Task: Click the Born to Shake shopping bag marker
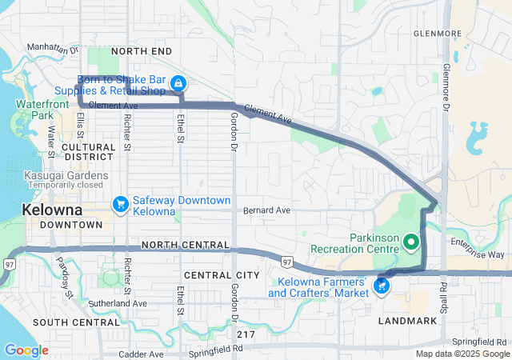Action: click(x=180, y=82)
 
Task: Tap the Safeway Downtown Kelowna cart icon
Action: click(x=121, y=205)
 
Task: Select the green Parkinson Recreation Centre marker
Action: click(x=411, y=241)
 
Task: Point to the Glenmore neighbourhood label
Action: click(x=438, y=34)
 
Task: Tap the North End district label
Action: click(x=142, y=51)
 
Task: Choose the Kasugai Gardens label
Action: click(x=55, y=175)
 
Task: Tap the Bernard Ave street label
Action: click(x=267, y=210)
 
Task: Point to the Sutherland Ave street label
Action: click(x=118, y=304)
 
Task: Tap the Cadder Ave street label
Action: click(x=140, y=354)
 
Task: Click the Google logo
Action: click(x=26, y=350)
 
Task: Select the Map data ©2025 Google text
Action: click(x=462, y=354)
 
